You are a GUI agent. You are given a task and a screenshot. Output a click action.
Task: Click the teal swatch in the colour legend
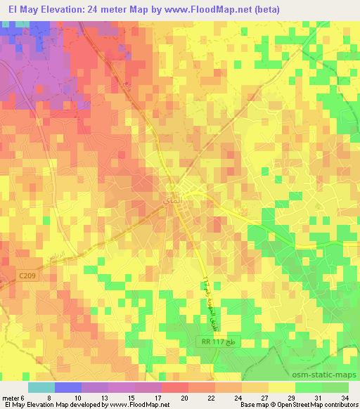coord(41,387)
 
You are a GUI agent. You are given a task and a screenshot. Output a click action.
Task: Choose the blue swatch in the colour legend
coord(67,387)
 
